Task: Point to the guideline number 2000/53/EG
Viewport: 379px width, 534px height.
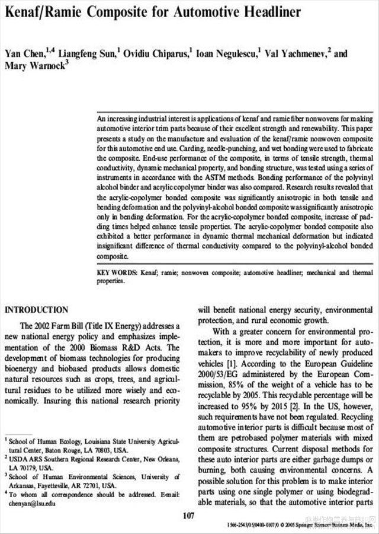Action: (224, 373)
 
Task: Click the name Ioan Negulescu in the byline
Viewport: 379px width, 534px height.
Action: (228, 53)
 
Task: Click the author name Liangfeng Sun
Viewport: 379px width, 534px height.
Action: (94, 53)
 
